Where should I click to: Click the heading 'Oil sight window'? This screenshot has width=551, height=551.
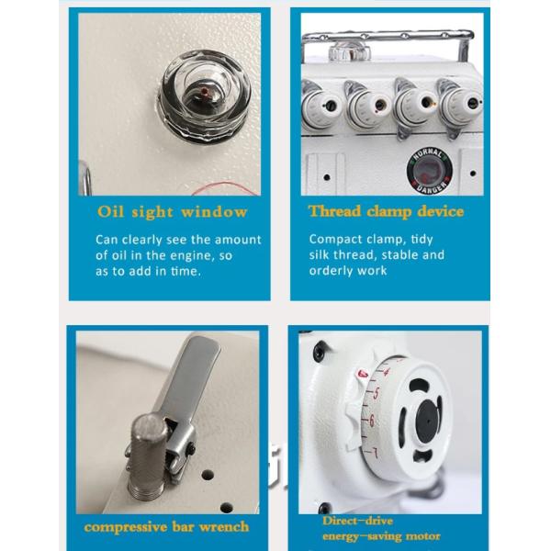173,212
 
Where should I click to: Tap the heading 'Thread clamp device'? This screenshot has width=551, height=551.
386,211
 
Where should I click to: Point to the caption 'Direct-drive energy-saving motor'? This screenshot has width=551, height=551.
381,528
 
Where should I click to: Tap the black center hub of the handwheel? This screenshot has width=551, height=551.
426,418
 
